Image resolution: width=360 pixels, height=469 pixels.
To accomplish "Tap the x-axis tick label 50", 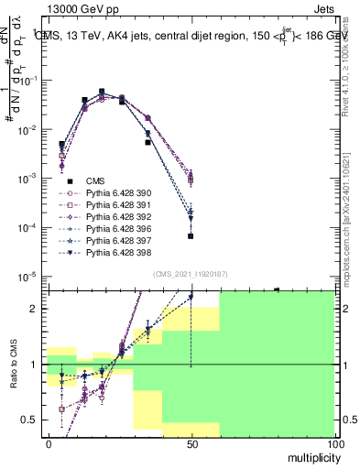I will click(x=191, y=443).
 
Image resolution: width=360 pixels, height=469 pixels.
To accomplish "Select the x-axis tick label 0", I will click(x=49, y=443).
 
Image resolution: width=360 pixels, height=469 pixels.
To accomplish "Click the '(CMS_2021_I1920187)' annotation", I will click(x=190, y=273).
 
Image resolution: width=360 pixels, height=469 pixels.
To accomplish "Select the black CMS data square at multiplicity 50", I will click(x=191, y=236).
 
